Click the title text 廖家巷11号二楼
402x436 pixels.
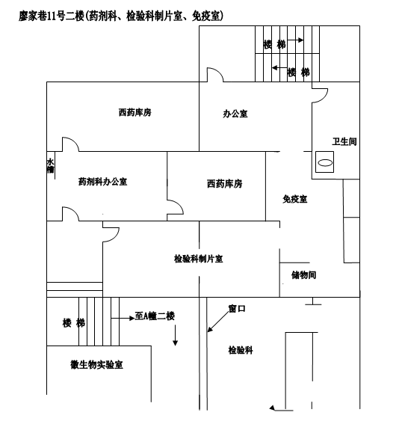(52, 16)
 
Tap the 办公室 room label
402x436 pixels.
(235, 114)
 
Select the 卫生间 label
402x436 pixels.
(344, 141)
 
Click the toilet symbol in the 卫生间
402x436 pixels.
(325, 162)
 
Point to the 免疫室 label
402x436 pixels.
(294, 199)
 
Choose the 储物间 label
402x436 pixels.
(303, 275)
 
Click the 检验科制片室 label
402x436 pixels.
(198, 259)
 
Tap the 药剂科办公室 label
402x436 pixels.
(102, 182)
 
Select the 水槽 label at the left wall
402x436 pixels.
(50, 166)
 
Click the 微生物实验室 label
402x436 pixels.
(96, 364)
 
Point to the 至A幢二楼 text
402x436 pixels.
(155, 316)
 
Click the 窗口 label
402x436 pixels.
(237, 308)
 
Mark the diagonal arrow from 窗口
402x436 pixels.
(218, 322)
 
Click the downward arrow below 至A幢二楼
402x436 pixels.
(175, 335)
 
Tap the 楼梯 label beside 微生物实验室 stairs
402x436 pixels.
(74, 323)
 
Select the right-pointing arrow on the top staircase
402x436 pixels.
(295, 40)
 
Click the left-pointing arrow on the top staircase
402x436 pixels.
(279, 67)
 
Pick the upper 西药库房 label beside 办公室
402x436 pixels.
(135, 112)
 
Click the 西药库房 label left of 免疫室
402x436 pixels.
(224, 183)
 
